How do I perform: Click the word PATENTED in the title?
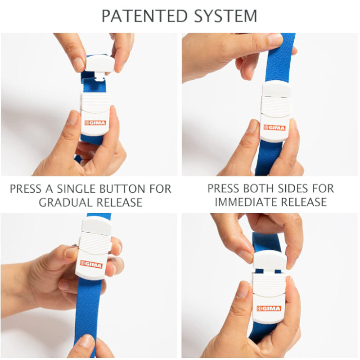coord(144,16)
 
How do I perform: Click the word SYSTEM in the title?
coord(225,16)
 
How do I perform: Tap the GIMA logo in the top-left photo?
coord(95,123)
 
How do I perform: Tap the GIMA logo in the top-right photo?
coord(274,128)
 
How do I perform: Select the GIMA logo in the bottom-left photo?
coord(91,264)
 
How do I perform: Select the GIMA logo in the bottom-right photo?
coord(269,309)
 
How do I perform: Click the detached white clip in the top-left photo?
coord(99,64)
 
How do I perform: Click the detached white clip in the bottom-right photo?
coord(269,260)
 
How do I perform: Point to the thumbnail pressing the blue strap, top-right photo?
coord(275,39)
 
